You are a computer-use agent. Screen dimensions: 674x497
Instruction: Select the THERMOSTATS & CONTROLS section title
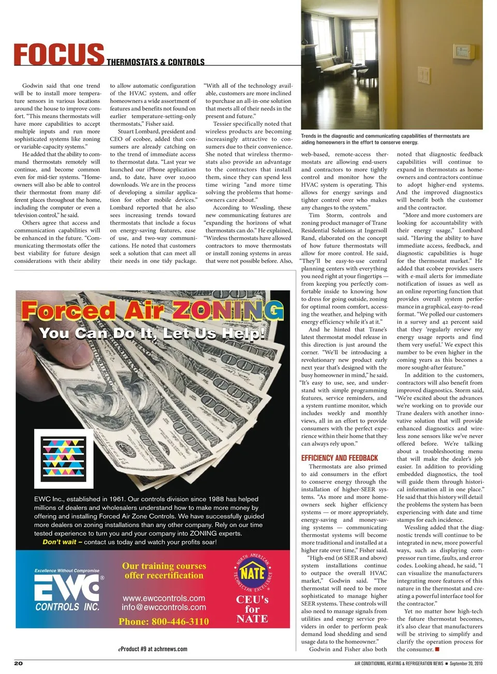pyautogui.click(x=155, y=62)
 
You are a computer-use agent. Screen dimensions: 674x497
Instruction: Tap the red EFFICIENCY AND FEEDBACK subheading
pyautogui.click(x=339, y=458)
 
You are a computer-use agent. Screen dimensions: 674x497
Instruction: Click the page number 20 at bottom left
pyautogui.click(x=18, y=663)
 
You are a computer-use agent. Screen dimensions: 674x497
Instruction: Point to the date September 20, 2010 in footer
pyautogui.click(x=465, y=663)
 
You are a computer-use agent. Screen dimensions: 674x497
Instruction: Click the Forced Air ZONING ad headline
pyautogui.click(x=152, y=311)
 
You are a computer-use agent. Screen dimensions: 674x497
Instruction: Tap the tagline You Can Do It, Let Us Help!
pyautogui.click(x=152, y=333)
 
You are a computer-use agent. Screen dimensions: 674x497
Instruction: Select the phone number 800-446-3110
pyautogui.click(x=164, y=621)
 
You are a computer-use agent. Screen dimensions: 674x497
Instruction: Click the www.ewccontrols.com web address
pyautogui.click(x=164, y=598)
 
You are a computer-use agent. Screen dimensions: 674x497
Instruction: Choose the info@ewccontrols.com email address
pyautogui.click(x=164, y=607)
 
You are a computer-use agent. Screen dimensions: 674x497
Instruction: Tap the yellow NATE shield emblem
pyautogui.click(x=253, y=573)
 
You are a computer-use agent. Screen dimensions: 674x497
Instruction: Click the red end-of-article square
pyautogui.click(x=437, y=649)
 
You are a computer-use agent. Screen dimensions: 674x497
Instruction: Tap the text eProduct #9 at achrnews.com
pyautogui.click(x=153, y=649)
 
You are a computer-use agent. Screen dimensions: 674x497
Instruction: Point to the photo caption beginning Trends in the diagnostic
pyautogui.click(x=385, y=139)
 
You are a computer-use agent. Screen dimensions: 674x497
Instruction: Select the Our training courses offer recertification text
pyautogui.click(x=164, y=570)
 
